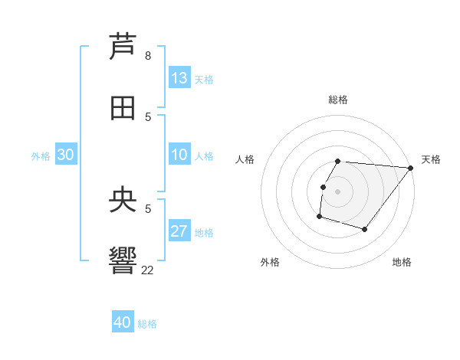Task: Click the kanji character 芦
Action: [x=123, y=47]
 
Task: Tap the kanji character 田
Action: [x=123, y=108]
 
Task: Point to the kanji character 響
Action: [x=123, y=261]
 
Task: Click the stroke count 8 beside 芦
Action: [x=148, y=56]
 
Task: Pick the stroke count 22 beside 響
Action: [x=148, y=269]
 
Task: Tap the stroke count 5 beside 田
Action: [x=148, y=116]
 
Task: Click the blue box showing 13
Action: [x=179, y=78]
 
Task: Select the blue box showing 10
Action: [x=179, y=155]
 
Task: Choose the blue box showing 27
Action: [x=179, y=231]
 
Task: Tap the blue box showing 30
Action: [x=66, y=155]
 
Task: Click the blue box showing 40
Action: [x=122, y=322]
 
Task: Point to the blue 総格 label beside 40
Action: [x=148, y=324]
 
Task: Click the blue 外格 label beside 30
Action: [x=41, y=156]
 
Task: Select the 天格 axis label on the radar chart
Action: [x=431, y=159]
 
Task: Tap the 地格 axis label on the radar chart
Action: [x=402, y=262]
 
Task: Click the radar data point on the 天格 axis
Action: [x=410, y=168]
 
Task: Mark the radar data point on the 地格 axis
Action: [x=365, y=229]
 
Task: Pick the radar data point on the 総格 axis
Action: [x=338, y=162]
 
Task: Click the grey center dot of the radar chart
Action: [x=338, y=191]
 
